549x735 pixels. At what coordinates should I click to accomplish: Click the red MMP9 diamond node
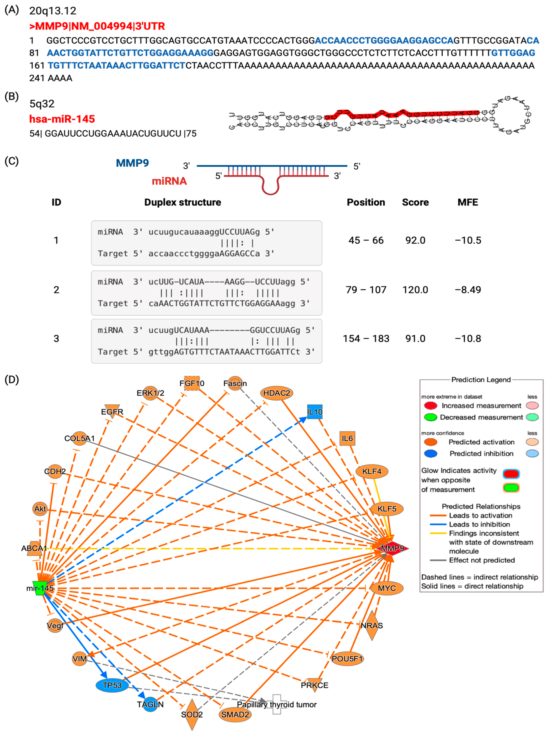[392, 548]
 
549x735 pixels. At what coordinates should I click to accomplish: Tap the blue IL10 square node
[314, 412]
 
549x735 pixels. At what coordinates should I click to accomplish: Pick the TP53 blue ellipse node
[112, 685]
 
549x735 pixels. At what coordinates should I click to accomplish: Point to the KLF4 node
[372, 471]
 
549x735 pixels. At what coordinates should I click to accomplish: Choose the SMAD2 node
[235, 714]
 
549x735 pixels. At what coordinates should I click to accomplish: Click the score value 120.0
[415, 290]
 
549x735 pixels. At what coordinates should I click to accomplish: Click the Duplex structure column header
[182, 202]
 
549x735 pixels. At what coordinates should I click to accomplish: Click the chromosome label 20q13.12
[53, 11]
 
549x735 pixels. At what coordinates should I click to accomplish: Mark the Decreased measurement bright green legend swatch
[431, 417]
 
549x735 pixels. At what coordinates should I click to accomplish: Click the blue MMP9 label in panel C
[132, 163]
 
